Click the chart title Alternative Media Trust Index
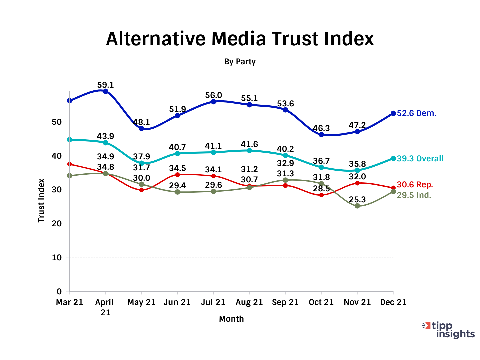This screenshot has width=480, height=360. pos(240,39)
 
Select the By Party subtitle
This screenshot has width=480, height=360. pos(240,62)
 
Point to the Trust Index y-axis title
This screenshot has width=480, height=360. pos(41,201)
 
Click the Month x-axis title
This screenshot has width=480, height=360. pos(231,319)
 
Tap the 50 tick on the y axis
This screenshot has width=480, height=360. pos(57,122)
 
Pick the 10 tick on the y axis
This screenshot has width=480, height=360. pos(57,258)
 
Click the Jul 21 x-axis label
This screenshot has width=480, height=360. pos(213,302)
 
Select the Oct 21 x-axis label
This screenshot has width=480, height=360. pos(321,302)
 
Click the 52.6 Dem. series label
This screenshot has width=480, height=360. pos(416,113)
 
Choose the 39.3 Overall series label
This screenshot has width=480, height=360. pos(420,159)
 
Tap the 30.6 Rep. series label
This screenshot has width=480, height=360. pos(415,185)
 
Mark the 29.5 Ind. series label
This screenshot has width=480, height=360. pos(414,195)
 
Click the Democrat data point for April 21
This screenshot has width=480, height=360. pos(106,91)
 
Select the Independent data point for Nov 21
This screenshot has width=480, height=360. pos(357,206)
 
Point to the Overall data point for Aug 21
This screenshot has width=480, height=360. pos(249,150)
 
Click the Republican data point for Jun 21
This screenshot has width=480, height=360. pos(177,175)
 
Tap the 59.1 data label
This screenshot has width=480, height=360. pos(106,85)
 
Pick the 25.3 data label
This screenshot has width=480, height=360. pos(357,200)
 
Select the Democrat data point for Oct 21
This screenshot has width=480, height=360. pos(321,135)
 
